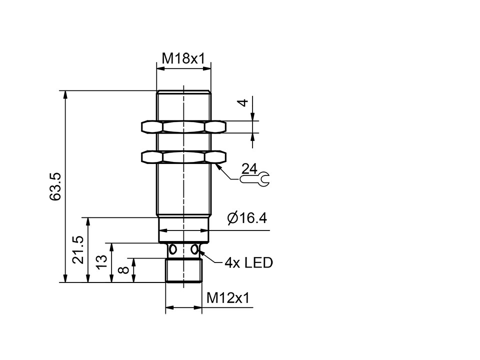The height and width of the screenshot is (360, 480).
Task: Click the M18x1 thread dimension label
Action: (x=183, y=58)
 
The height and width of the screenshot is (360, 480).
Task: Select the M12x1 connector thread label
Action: (x=228, y=297)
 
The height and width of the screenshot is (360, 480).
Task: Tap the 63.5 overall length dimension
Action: (x=55, y=186)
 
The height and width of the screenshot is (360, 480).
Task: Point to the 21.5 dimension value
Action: (x=78, y=249)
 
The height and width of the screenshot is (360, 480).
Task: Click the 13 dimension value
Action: (x=102, y=261)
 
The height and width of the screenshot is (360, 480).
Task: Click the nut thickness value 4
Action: (x=243, y=102)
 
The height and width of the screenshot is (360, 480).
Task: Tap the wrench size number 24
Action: (x=249, y=168)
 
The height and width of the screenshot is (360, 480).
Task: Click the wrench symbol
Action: (x=254, y=179)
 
